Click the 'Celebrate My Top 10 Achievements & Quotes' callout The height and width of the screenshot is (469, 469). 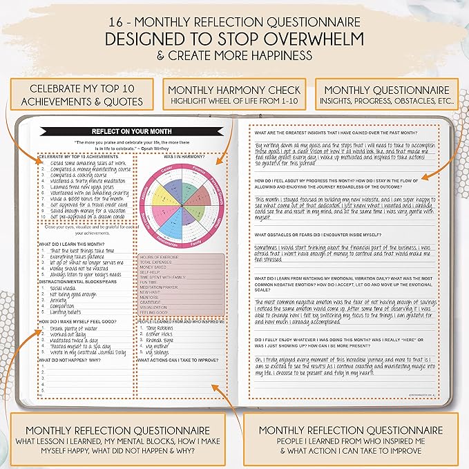coord(81,96)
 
